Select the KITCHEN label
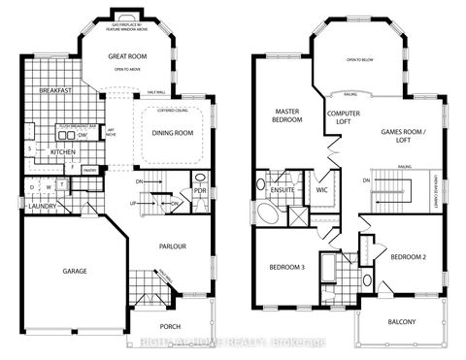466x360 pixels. tap(62, 151)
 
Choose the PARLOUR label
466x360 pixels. tap(172, 246)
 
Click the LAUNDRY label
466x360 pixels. tap(40, 206)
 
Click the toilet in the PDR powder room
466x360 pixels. tap(200, 179)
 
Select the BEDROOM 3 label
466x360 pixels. tap(288, 267)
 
